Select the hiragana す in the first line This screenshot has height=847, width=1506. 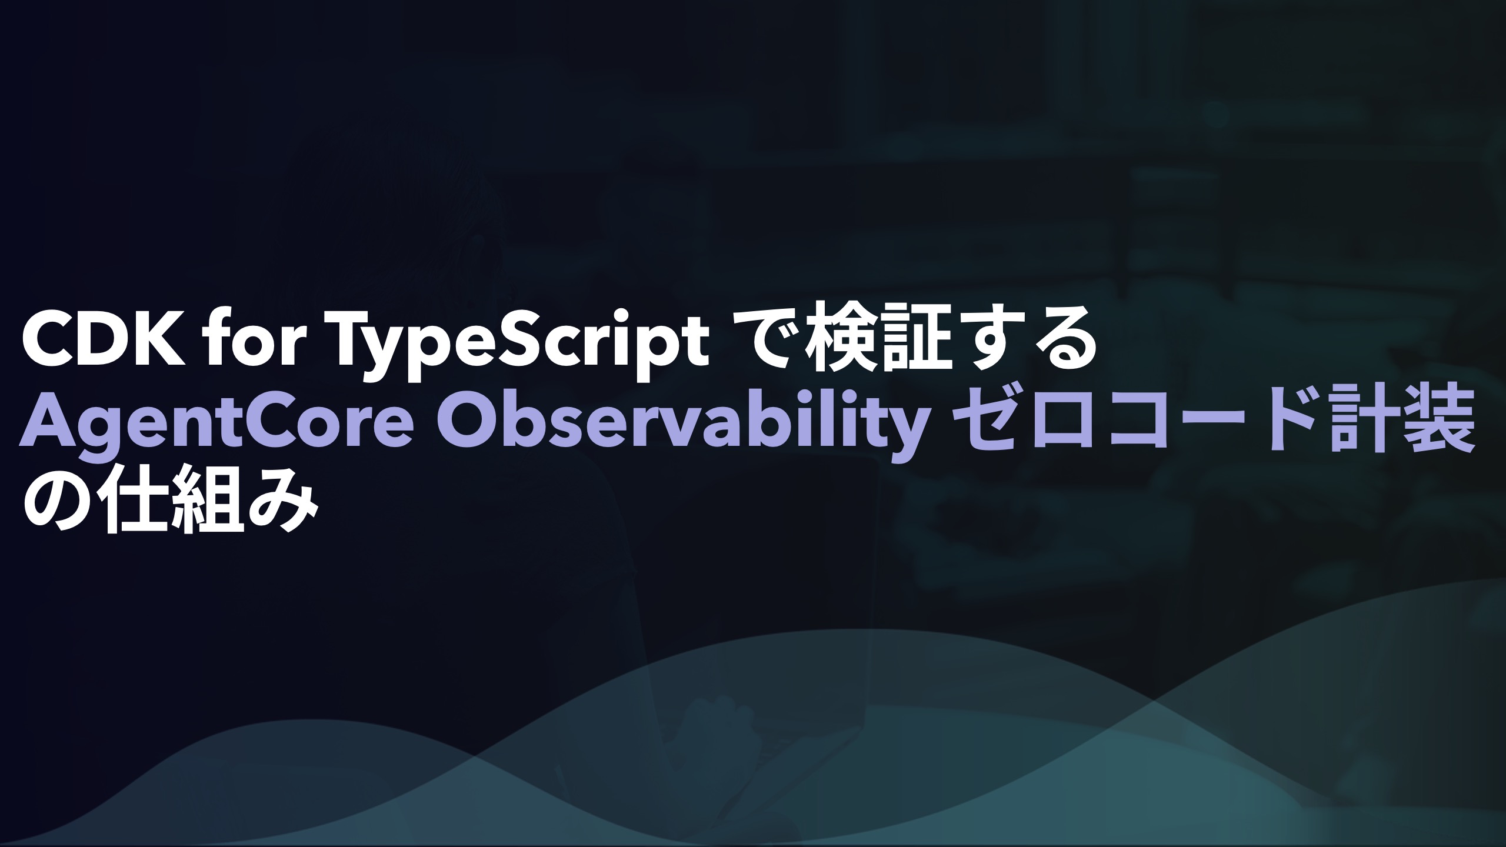[978, 344]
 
